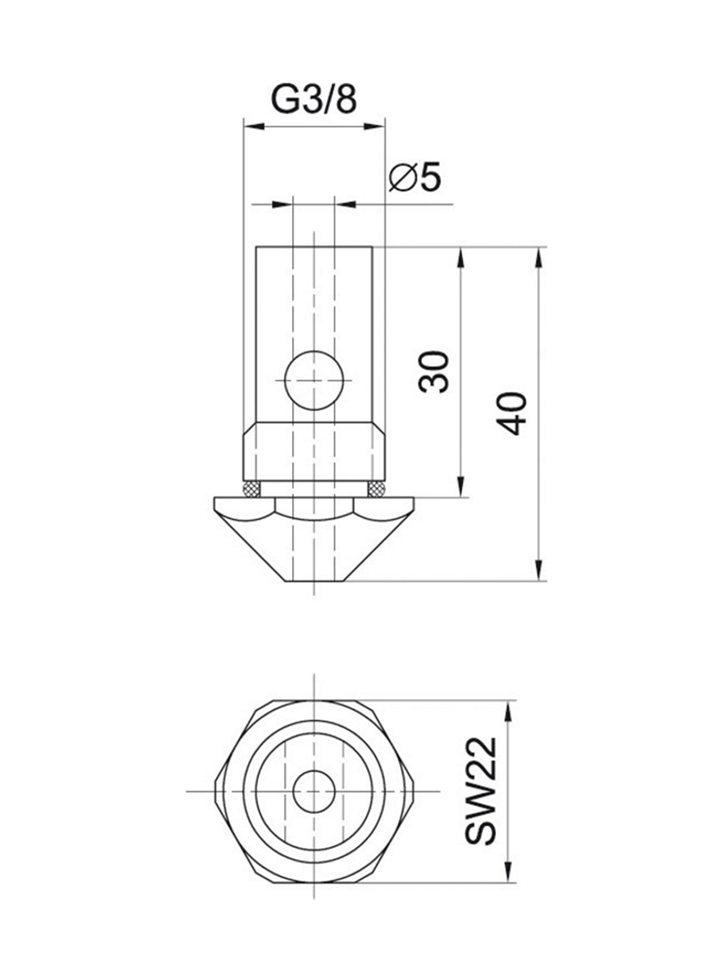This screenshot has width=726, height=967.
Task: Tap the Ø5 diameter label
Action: (x=415, y=178)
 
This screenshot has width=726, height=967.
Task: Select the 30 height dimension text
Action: (x=433, y=371)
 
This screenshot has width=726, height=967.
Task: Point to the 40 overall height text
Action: (x=511, y=413)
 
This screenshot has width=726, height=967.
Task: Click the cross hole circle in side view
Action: (x=314, y=380)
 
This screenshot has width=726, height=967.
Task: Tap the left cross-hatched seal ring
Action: (x=252, y=489)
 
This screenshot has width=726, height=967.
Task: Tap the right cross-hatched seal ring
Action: (x=377, y=489)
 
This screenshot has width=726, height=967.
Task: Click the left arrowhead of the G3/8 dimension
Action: (x=254, y=127)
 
